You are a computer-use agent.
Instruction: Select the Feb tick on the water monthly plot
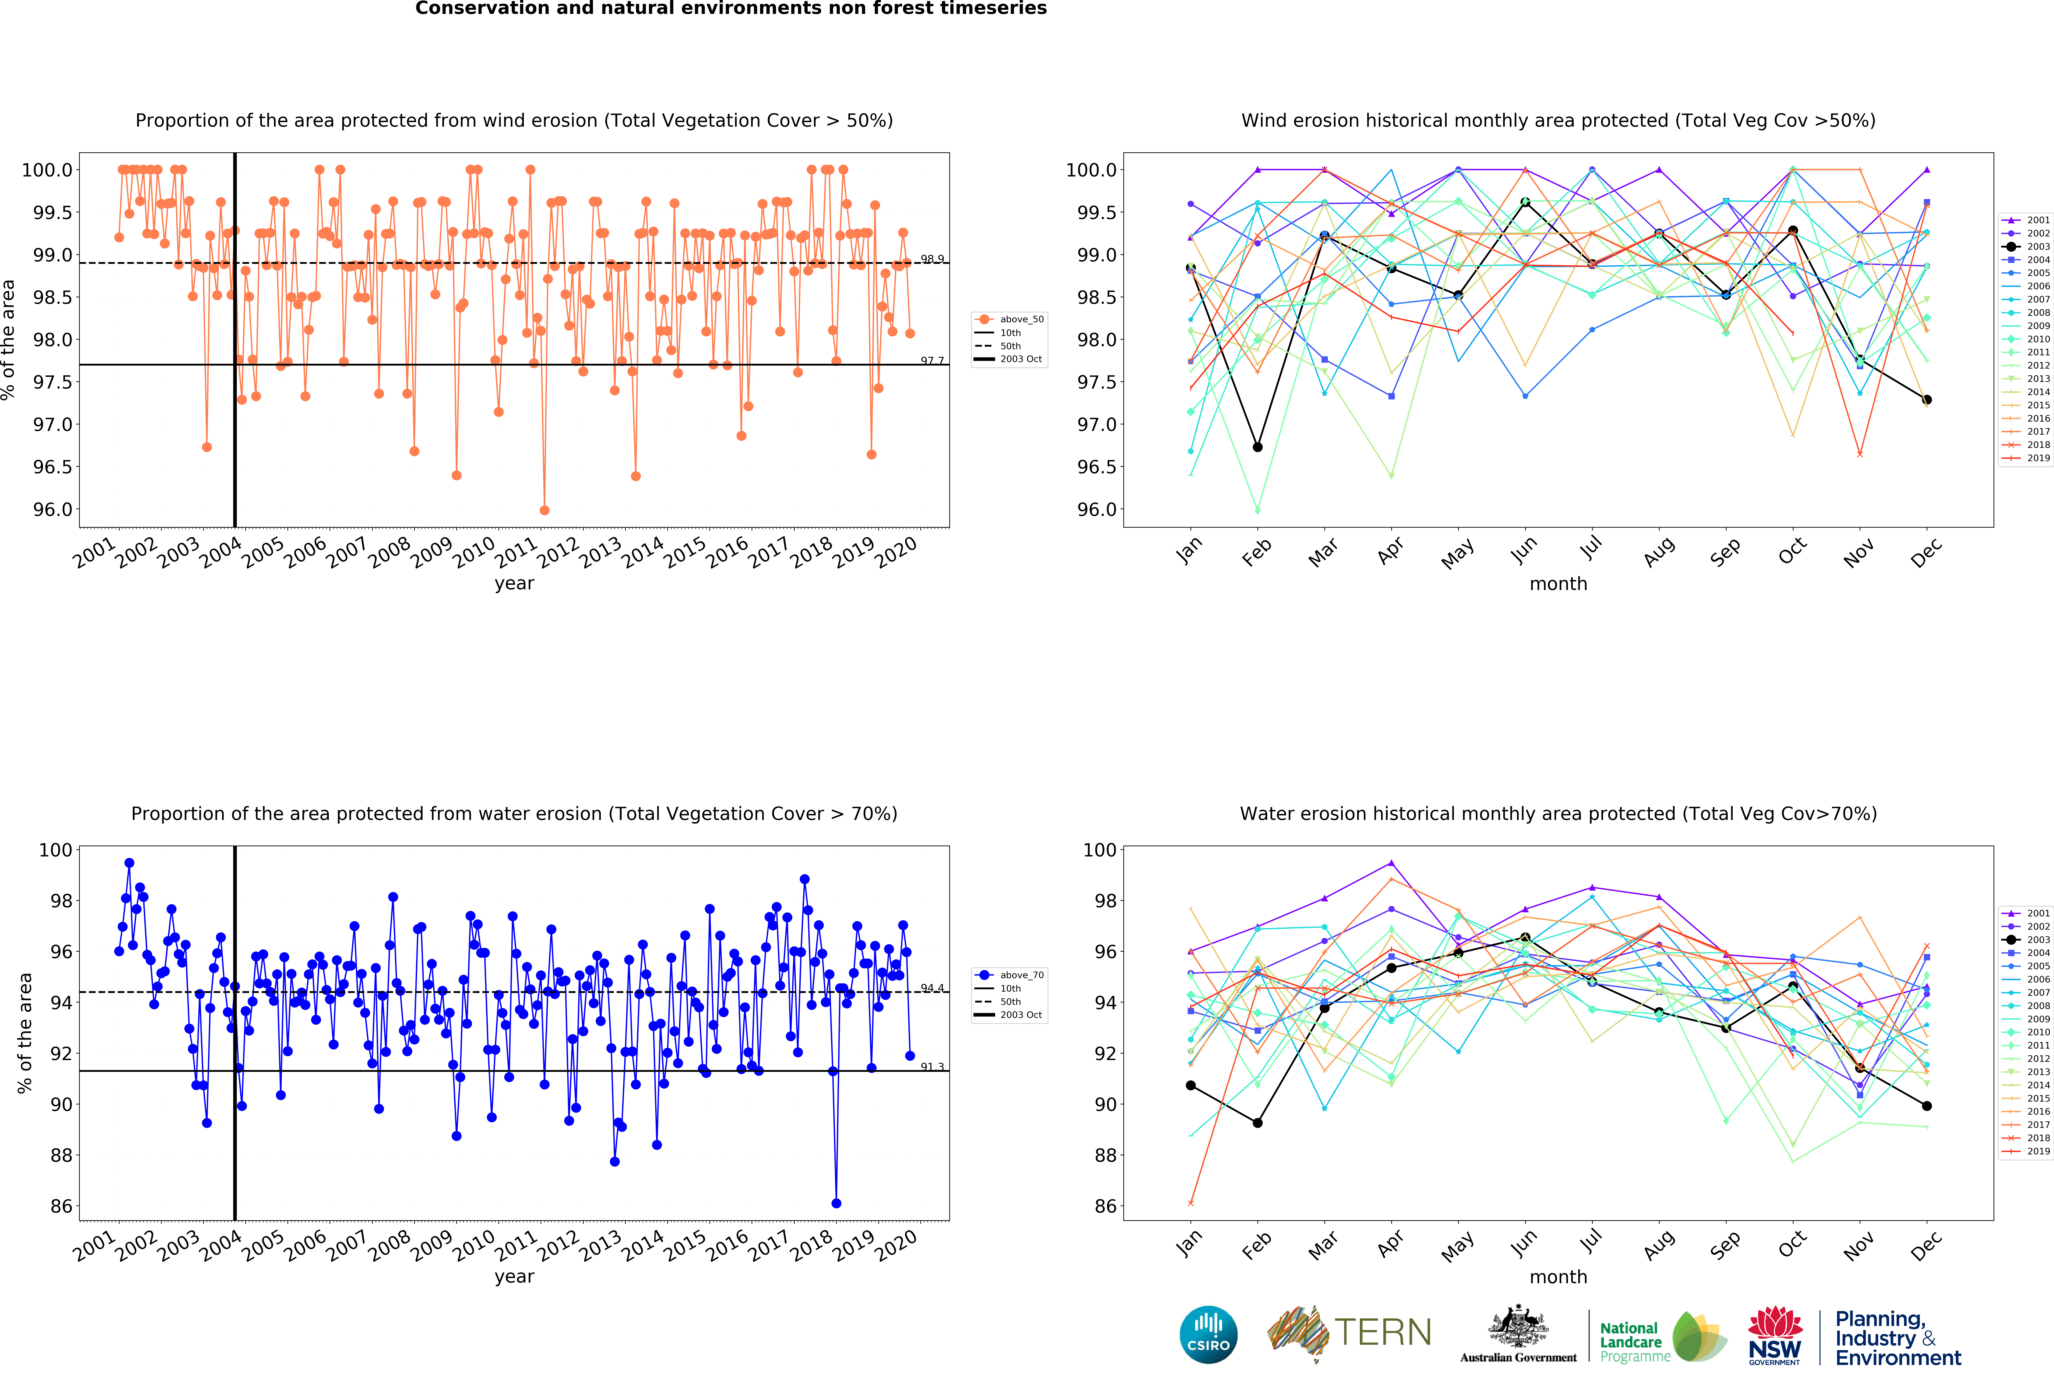1256,1245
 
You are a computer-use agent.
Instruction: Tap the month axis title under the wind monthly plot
1558,583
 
